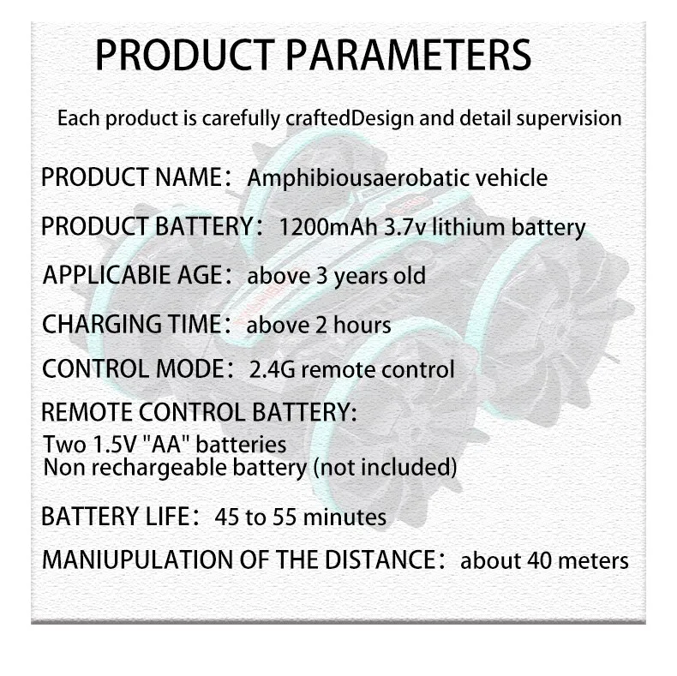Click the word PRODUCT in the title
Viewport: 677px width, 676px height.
[x=185, y=55]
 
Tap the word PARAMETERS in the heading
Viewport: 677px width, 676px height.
[x=409, y=55]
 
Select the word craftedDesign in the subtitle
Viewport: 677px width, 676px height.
[x=350, y=118]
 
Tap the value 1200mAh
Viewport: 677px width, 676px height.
[x=328, y=227]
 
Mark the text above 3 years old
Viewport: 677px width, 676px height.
[x=336, y=276]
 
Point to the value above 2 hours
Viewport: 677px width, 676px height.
[x=318, y=325]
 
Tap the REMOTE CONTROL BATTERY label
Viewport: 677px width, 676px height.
[x=199, y=411]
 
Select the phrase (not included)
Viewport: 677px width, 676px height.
[x=385, y=468]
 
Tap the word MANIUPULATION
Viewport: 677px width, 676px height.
[x=137, y=559]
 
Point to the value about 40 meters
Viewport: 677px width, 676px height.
[x=544, y=560]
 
